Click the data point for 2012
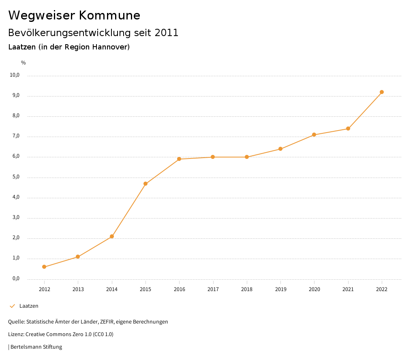click(44, 267)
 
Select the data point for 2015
click(145, 184)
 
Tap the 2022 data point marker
click(382, 92)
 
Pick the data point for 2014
click(112, 236)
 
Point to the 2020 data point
click(314, 135)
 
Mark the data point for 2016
click(179, 159)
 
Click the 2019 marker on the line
click(280, 149)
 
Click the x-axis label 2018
click(247, 289)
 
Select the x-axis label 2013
click(78, 289)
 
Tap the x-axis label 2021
click(348, 289)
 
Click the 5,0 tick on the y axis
click(16, 177)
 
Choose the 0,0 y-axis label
click(16, 279)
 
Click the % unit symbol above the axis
click(24, 63)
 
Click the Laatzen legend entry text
click(29, 306)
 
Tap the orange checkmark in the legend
click(12, 306)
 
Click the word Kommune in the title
click(109, 15)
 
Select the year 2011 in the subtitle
click(167, 33)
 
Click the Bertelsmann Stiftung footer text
click(36, 347)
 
